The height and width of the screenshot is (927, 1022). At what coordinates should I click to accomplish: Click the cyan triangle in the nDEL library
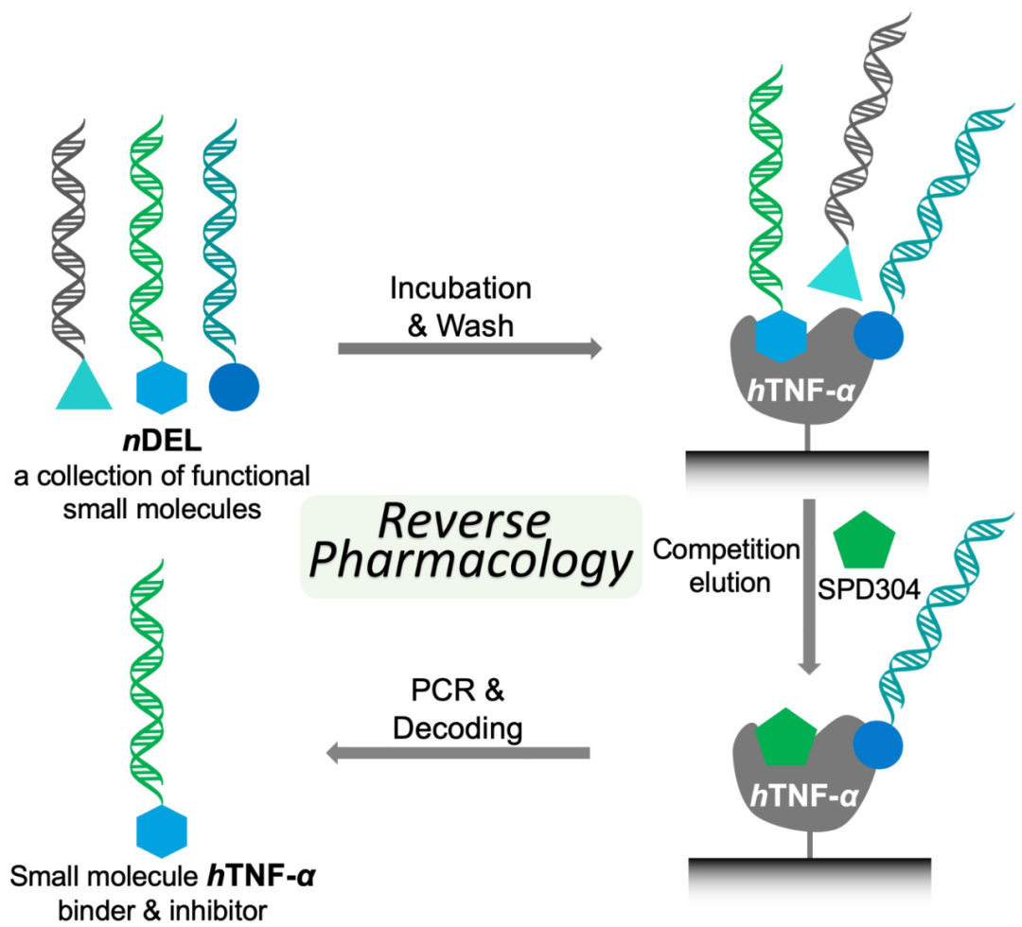pos(83,390)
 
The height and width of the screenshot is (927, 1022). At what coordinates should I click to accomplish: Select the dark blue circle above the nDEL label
pos(234,387)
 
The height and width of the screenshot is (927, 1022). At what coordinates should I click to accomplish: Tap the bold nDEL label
pos(163,442)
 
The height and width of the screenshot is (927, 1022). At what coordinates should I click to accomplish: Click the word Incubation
pos(461,288)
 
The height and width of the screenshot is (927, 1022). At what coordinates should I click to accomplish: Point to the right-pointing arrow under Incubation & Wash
pos(470,348)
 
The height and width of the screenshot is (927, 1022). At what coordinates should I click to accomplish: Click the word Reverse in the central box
pos(464,521)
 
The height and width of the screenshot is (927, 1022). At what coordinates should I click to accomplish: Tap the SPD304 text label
pos(869,589)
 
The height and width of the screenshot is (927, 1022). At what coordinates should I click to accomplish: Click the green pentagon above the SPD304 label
pos(864,540)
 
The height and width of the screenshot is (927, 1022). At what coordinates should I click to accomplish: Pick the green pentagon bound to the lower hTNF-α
pos(786,737)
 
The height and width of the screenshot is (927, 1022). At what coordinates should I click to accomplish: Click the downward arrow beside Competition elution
pos(809,587)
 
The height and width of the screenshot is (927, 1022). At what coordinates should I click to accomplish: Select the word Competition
pos(726,550)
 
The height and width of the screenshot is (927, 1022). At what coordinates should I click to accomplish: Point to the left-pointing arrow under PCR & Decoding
pos(458,754)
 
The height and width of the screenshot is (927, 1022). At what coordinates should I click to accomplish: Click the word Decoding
pos(458,727)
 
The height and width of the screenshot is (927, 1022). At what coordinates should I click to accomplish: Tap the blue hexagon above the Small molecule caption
pos(162,831)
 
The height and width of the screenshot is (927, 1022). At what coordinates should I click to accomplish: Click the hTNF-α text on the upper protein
pos(801,391)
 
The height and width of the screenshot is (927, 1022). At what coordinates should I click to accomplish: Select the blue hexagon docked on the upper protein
pos(781,337)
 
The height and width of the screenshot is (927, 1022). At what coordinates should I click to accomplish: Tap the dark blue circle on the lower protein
pos(878,744)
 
